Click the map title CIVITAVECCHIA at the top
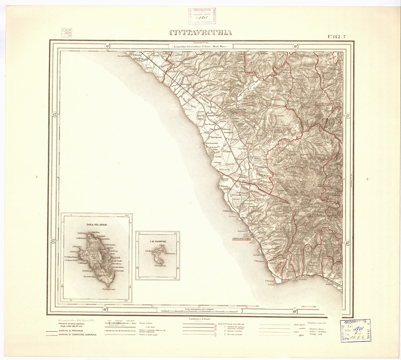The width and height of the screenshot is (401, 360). [x=201, y=33]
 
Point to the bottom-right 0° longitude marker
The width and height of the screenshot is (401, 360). [x=295, y=310]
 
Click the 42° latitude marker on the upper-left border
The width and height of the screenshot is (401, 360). [x=55, y=115]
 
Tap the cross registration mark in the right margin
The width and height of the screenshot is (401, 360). [x=367, y=179]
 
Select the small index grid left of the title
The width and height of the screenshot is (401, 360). [x=67, y=33]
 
